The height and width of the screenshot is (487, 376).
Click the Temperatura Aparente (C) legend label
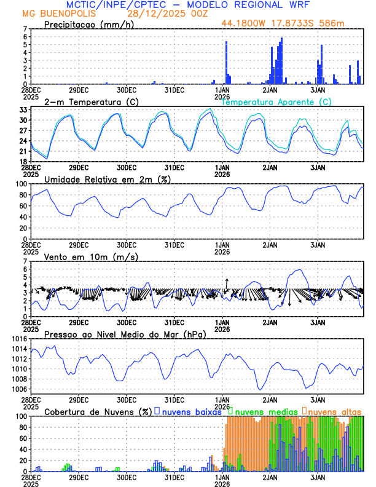coord(276,101)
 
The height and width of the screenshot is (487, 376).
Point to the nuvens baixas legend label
coord(192,411)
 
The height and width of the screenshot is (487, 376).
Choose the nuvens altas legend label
coord(335,411)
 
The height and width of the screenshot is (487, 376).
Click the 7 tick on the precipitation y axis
coord(25,29)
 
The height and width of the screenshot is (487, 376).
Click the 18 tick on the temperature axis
coord(23,161)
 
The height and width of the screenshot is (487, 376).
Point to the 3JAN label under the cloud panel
coord(318,477)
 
